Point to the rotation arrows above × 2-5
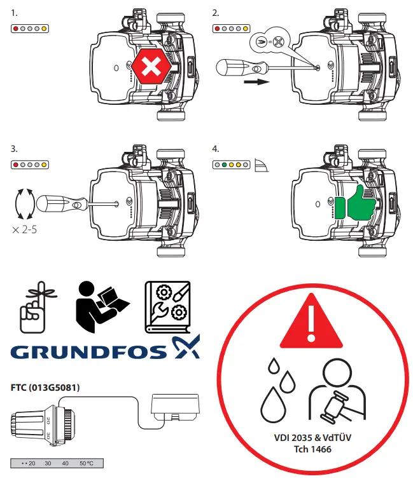pos(23,204)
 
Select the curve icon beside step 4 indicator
pos(262,165)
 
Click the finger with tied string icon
pos(32,307)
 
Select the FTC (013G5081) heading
pos(45,386)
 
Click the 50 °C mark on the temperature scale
pos(85,463)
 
